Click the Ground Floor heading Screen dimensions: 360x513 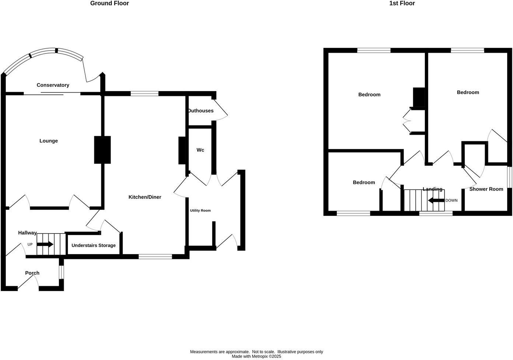tap(109, 3)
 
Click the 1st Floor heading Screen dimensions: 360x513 tap(402, 3)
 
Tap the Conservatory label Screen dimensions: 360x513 tap(53, 85)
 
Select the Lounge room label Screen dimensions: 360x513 tap(49, 141)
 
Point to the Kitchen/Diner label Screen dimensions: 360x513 tap(145, 197)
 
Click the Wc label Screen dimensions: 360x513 tap(200, 150)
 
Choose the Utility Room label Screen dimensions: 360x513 tap(200, 211)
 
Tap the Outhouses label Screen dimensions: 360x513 tap(200, 111)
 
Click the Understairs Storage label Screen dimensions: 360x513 tap(94, 245)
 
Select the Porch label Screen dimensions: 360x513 tap(32, 273)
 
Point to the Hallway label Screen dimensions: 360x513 tap(28, 233)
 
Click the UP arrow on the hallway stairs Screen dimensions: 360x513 tap(45, 244)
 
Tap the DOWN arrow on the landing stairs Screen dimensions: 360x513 tap(436, 201)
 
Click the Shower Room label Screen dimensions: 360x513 tap(486, 189)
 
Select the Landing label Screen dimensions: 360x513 tap(432, 189)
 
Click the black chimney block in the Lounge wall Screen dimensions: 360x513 tap(102, 150)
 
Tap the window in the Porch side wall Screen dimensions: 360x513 tap(61, 272)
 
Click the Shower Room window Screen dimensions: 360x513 tap(509, 177)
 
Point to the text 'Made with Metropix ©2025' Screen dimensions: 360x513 tap(256, 357)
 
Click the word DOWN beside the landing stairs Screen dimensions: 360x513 tap(451, 201)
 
